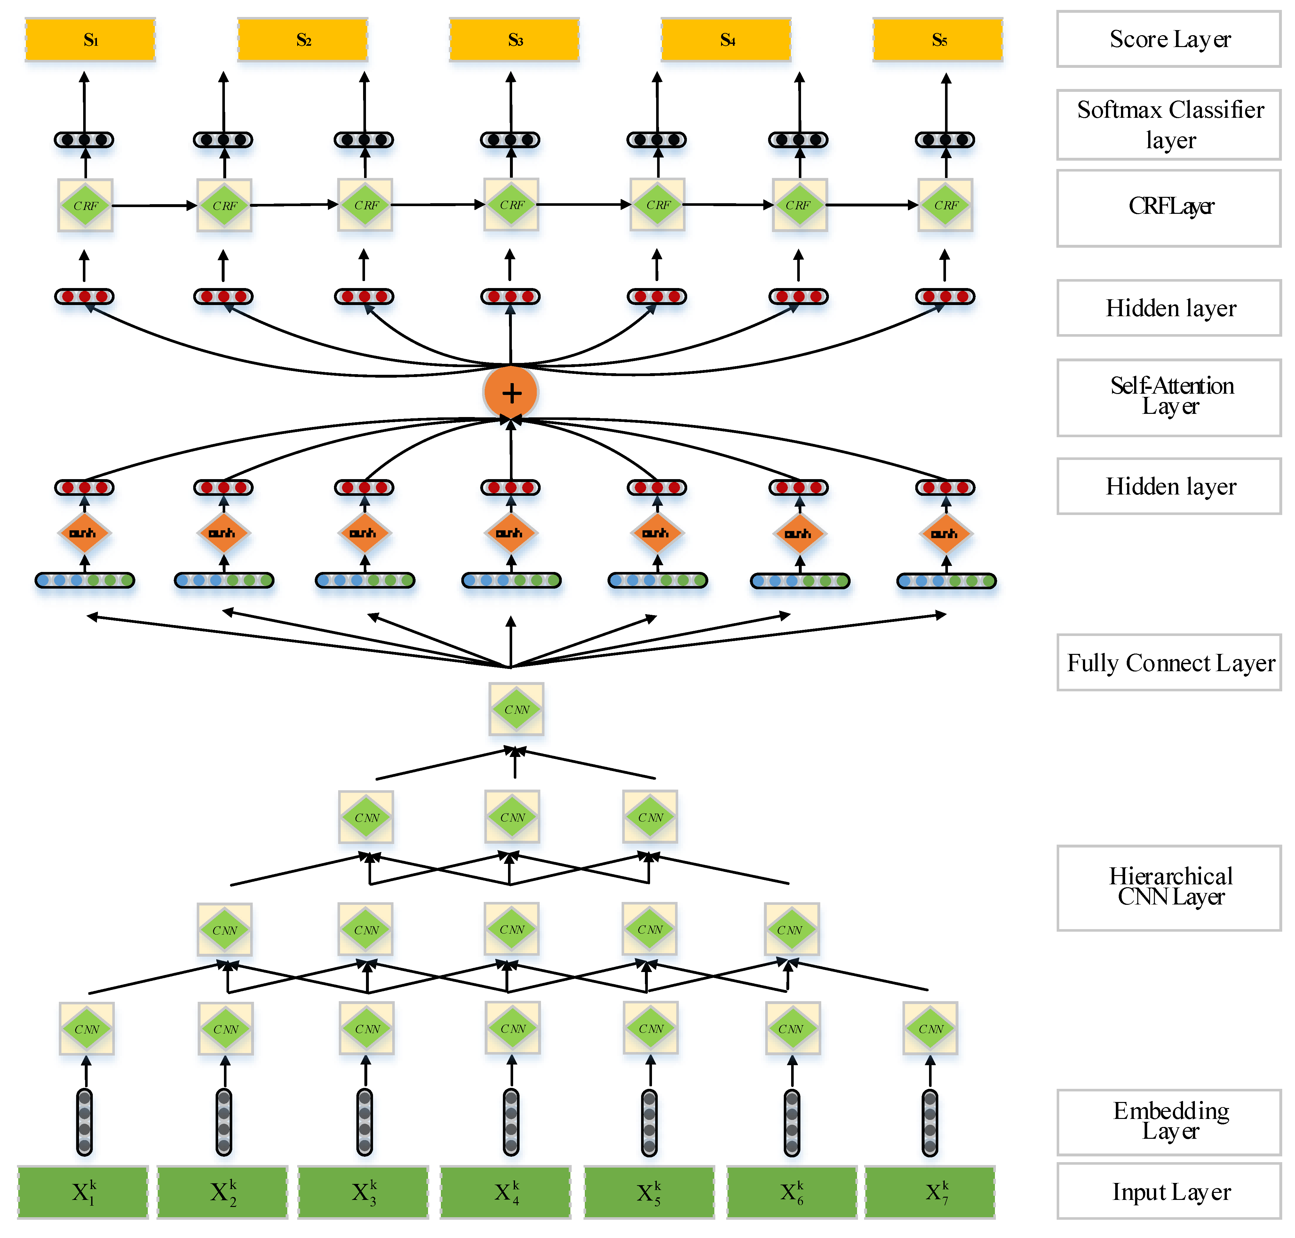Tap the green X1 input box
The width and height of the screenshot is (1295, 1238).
click(83, 1192)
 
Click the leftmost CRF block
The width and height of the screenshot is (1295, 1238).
click(85, 205)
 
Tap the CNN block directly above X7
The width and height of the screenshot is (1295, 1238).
click(930, 1028)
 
